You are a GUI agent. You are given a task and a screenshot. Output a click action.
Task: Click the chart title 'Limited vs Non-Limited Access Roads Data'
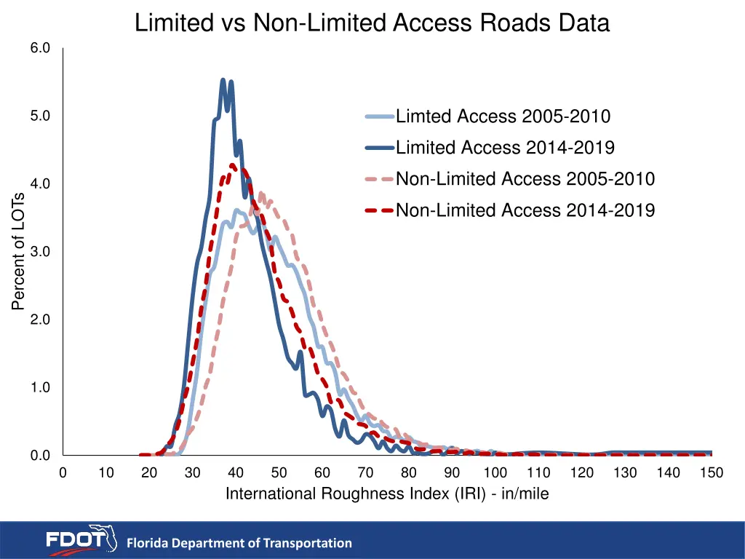point(372,23)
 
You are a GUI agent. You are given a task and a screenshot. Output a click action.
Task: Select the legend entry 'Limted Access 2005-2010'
point(503,116)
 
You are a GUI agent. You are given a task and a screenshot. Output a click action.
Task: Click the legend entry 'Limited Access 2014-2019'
point(505,148)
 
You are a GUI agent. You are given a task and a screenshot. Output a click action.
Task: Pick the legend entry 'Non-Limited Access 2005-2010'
point(525,179)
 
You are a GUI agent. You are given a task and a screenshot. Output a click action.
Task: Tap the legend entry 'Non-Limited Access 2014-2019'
point(525,210)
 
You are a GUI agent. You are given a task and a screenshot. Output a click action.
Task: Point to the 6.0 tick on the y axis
point(40,48)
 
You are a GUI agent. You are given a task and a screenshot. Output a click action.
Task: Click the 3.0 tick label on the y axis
point(40,252)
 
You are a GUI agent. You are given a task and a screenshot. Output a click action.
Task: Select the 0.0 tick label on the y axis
point(40,456)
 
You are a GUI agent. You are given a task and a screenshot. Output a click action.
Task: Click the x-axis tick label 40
point(236,473)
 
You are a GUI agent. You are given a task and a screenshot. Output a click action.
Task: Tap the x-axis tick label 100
point(495,473)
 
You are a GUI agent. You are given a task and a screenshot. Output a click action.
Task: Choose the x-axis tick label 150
point(711,473)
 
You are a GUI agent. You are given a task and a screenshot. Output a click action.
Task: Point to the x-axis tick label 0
point(63,473)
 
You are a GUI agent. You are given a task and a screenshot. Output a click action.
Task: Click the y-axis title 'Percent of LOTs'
point(18,251)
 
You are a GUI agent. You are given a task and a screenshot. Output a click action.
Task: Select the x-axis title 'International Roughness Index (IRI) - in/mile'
point(387,494)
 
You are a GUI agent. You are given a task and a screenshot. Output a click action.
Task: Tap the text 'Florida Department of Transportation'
point(239,543)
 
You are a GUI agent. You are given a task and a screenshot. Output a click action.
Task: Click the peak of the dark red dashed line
point(233,165)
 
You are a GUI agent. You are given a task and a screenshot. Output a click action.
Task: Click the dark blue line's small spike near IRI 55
point(300,352)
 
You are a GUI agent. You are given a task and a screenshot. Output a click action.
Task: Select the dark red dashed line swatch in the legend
point(378,210)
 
